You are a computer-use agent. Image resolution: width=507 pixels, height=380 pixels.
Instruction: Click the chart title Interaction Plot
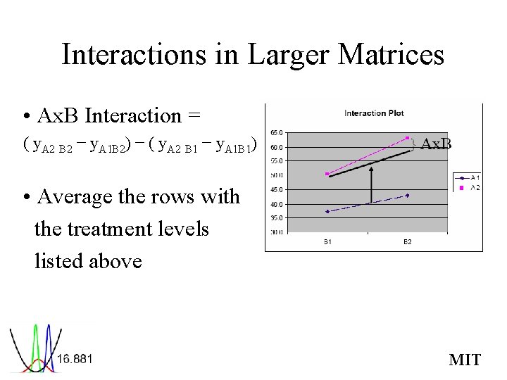374,113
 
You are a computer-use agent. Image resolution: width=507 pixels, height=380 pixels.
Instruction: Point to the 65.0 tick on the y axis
276,133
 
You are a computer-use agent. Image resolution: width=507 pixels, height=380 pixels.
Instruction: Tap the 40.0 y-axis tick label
276,204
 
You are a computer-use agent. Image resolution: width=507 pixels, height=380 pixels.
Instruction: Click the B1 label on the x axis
328,241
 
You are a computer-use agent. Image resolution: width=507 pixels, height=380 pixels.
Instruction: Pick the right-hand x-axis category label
407,241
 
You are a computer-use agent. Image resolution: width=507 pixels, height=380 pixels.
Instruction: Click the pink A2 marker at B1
327,174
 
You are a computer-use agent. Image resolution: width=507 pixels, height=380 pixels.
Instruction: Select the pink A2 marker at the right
408,137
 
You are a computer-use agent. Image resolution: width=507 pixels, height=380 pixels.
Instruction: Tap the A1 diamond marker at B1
327,211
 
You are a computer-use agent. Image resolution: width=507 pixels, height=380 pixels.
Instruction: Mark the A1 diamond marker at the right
408,195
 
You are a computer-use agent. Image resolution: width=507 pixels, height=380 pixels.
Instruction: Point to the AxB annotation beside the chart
436,144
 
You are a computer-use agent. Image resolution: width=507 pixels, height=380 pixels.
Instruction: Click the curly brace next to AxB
415,144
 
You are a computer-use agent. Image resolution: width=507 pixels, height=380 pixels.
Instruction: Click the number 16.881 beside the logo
75,359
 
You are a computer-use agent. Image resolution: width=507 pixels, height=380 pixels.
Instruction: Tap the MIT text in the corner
465,360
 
